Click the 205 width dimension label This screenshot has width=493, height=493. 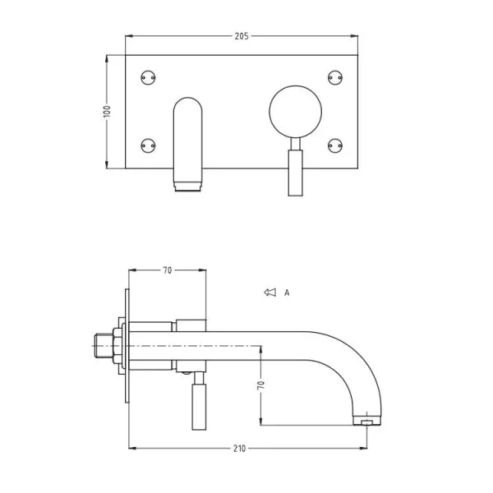pyautogui.click(x=241, y=36)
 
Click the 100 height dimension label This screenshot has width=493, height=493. pyautogui.click(x=107, y=112)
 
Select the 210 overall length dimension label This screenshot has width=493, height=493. pyautogui.click(x=240, y=449)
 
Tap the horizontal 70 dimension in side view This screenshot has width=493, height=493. pyautogui.click(x=167, y=270)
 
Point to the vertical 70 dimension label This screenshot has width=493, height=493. pyautogui.click(x=260, y=384)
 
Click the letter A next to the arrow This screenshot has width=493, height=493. pyautogui.click(x=287, y=292)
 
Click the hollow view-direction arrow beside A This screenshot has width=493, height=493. pyautogui.click(x=269, y=292)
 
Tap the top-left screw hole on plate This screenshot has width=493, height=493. pyautogui.click(x=149, y=77)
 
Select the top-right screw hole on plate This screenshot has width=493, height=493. pyautogui.click(x=334, y=77)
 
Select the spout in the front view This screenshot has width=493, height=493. pyautogui.click(x=188, y=140)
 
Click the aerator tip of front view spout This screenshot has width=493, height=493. pyautogui.click(x=188, y=187)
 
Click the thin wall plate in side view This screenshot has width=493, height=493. pyautogui.click(x=127, y=345)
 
